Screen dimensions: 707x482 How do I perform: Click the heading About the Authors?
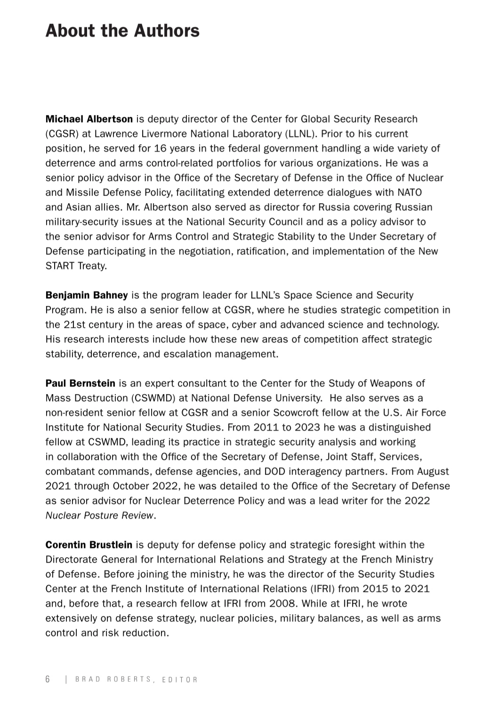click(122, 31)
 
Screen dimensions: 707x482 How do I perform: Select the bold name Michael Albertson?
click(89, 119)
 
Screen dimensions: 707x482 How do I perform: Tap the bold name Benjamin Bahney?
click(87, 295)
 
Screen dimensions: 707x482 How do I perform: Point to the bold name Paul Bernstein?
click(80, 383)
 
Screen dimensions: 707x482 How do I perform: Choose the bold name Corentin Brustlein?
click(89, 545)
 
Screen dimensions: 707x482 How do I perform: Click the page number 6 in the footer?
click(48, 679)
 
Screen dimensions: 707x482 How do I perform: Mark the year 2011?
click(266, 427)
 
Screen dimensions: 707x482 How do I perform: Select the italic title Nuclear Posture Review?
click(100, 515)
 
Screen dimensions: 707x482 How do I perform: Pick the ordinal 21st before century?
click(76, 325)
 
